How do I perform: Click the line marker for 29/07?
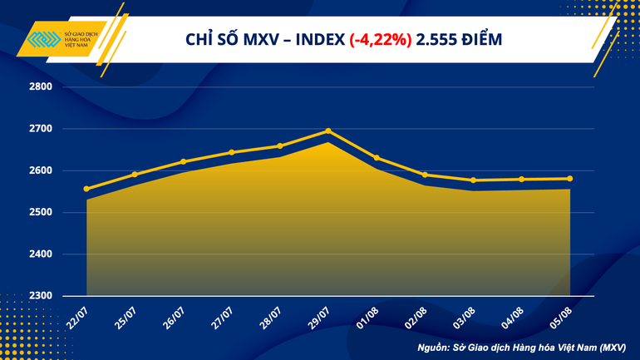pos(328,131)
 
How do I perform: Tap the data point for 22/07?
pos(86,189)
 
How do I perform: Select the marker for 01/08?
pos(377,157)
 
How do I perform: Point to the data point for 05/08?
pos(569,178)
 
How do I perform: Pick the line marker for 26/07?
pos(183,161)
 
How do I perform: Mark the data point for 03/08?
pos(473,180)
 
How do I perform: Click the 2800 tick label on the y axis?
pos(41,86)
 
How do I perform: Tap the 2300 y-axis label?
pos(41,296)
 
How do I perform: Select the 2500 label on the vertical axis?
pos(41,212)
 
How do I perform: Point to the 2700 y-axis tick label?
pos(41,129)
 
